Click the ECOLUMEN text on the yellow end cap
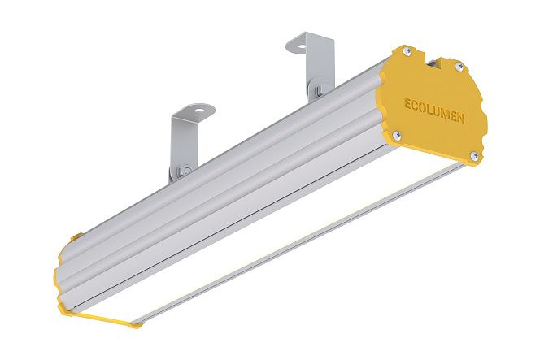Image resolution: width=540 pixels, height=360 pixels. tap(434, 111)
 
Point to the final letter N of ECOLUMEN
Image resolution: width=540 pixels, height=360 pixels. tap(460, 118)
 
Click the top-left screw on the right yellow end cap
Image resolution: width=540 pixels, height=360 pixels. tap(407, 52)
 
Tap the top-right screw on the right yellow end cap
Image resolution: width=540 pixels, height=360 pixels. tap(458, 66)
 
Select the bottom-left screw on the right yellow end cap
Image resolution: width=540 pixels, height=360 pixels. tap(397, 135)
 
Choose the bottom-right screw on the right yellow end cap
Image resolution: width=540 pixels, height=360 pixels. tap(474, 155)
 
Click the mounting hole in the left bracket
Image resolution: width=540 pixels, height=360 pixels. tap(198, 110)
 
